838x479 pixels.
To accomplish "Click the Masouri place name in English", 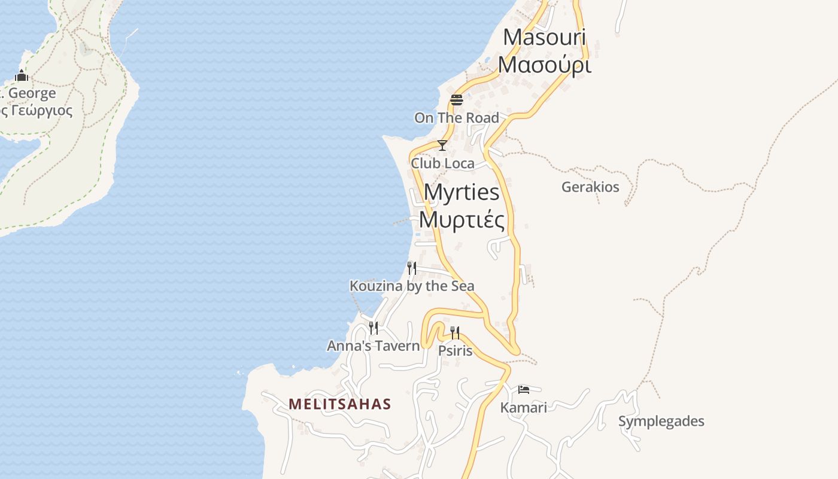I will click(x=544, y=37).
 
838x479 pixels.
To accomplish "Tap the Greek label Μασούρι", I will click(x=545, y=64).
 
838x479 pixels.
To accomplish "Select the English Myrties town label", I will click(x=461, y=192).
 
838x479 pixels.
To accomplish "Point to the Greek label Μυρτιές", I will click(x=461, y=219).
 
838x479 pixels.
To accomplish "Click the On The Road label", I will click(x=457, y=118).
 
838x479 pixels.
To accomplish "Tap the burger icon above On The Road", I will click(x=457, y=99).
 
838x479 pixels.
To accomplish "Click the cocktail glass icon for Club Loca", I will click(x=442, y=145).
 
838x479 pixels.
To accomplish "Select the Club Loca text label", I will click(x=442, y=163).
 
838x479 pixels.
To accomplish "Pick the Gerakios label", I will click(x=590, y=187).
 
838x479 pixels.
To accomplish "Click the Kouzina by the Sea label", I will click(x=412, y=286).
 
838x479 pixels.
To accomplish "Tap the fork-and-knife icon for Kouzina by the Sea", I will click(x=412, y=268).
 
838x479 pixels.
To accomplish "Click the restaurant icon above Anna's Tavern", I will click(x=374, y=328).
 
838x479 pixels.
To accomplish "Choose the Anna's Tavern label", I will click(x=374, y=346).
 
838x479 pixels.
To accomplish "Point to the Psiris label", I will click(x=455, y=351).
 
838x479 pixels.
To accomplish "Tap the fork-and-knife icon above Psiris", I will click(x=455, y=332).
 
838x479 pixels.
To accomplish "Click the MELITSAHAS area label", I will click(x=339, y=404).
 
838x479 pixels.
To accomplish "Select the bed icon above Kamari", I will click(x=524, y=389).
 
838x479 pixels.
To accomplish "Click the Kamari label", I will click(x=524, y=408).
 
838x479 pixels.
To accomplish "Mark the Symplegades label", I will click(x=661, y=422).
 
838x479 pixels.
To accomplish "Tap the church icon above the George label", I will click(x=22, y=75).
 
